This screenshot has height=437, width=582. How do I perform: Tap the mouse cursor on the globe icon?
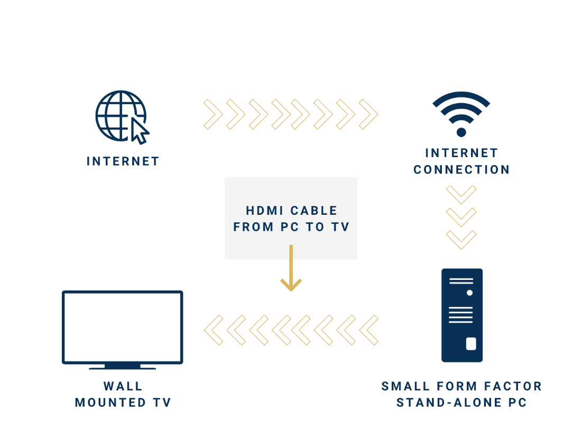tap(140, 130)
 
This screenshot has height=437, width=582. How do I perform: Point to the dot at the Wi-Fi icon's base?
tap(461, 132)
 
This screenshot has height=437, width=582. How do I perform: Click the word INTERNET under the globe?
tap(123, 161)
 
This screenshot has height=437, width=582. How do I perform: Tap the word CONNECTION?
tap(461, 170)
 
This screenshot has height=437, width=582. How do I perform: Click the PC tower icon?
tap(462, 315)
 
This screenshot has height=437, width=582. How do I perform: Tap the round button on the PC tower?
tap(469, 293)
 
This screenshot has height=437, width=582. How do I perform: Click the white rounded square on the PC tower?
tap(470, 344)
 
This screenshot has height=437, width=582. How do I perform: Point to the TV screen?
tap(122, 326)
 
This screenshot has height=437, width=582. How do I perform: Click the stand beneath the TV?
tap(122, 366)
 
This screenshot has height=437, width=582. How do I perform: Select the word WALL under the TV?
tap(123, 386)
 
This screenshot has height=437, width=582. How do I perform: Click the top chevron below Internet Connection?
tap(461, 194)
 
